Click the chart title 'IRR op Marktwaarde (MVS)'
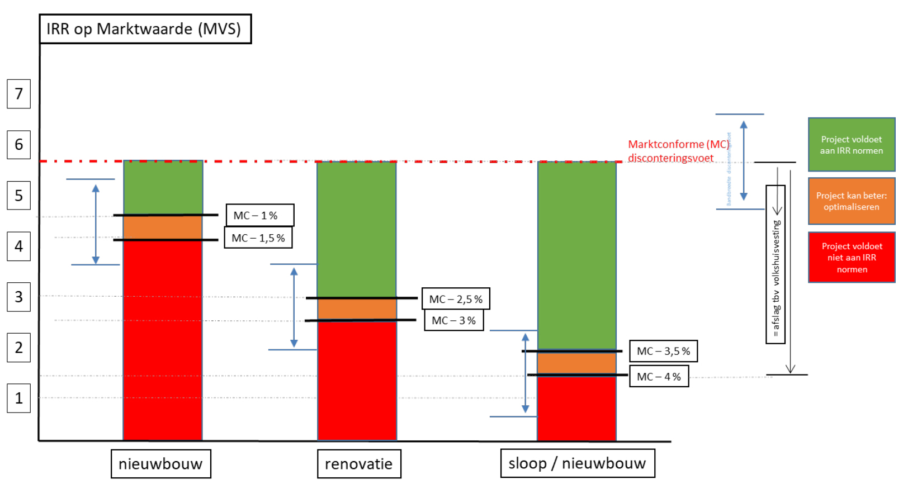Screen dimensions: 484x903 pyautogui.click(x=145, y=29)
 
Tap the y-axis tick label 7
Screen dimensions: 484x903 pyautogui.click(x=18, y=94)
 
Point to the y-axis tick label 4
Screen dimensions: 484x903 pyautogui.click(x=18, y=246)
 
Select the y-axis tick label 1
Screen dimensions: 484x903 pyautogui.click(x=18, y=398)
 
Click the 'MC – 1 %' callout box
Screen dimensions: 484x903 pyautogui.click(x=259, y=215)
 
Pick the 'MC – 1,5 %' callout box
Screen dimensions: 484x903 pyautogui.click(x=258, y=238)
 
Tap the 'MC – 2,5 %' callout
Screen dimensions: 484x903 pyautogui.click(x=456, y=299)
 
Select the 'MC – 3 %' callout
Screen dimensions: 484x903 pyautogui.click(x=453, y=321)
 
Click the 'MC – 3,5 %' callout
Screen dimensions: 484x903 pyautogui.click(x=663, y=351)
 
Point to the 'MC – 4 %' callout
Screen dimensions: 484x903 pyautogui.click(x=659, y=377)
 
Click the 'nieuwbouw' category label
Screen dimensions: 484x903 pyautogui.click(x=160, y=464)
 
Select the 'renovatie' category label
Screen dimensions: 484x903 pyautogui.click(x=358, y=464)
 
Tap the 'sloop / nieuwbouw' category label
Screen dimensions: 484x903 pyautogui.click(x=577, y=463)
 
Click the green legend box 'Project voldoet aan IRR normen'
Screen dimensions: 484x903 pyautogui.click(x=851, y=145)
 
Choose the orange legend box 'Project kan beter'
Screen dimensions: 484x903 pyautogui.click(x=851, y=201)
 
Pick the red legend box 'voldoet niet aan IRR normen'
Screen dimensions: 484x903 pyautogui.click(x=851, y=258)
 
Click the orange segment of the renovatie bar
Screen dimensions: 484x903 pyautogui.click(x=357, y=309)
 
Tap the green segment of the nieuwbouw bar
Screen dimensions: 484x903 pyautogui.click(x=163, y=188)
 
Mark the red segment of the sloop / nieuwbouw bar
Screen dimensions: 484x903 pyautogui.click(x=576, y=408)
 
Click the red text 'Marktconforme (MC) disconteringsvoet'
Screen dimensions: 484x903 pyautogui.click(x=678, y=151)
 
